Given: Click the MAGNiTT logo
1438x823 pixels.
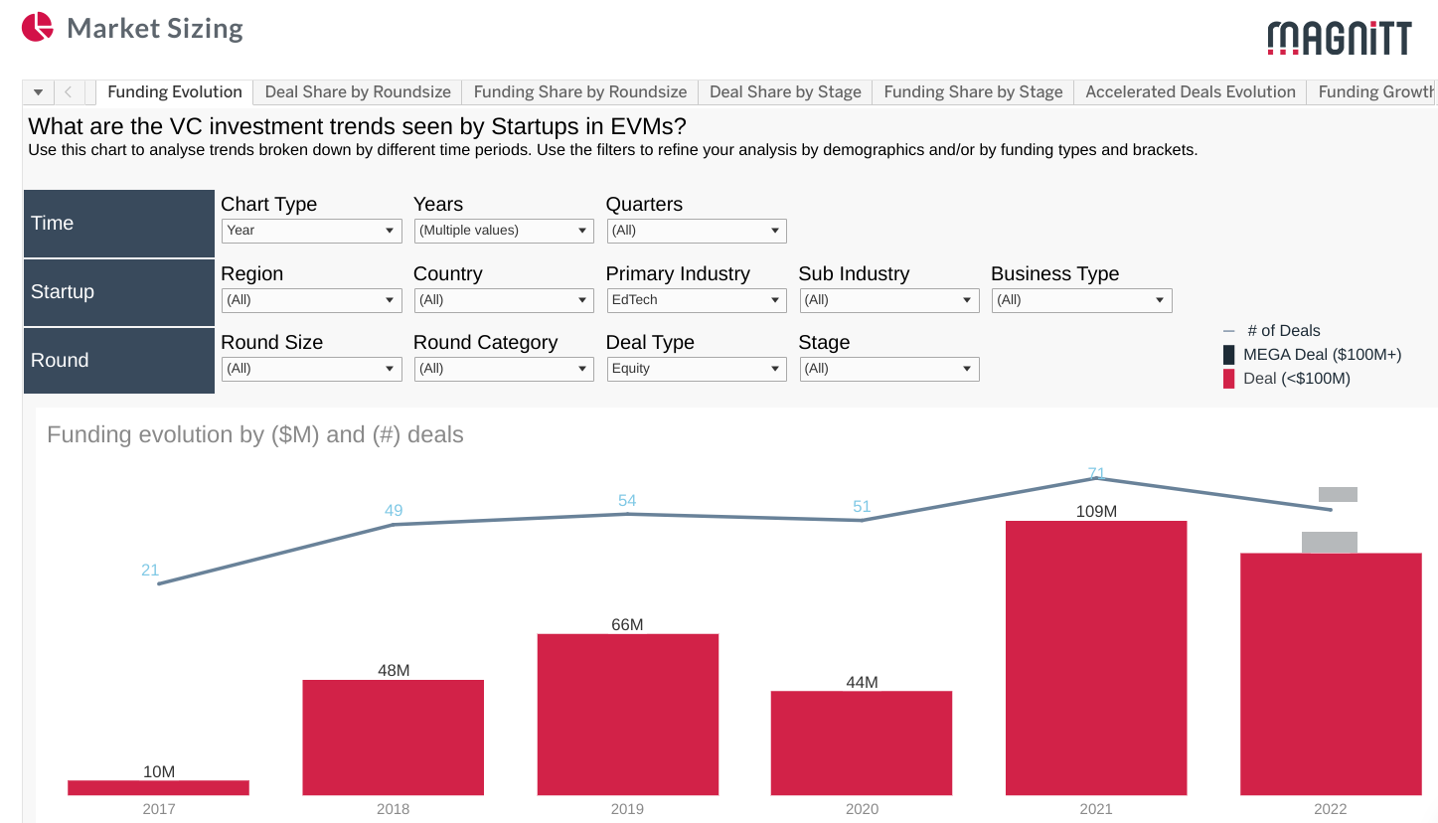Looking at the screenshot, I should point(1339,38).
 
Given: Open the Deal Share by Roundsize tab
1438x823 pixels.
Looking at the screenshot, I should point(358,91).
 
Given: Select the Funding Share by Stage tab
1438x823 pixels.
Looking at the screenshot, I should point(973,91).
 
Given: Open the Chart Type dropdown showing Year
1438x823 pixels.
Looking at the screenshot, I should point(311,231).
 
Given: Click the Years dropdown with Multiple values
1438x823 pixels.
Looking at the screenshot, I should point(504,231).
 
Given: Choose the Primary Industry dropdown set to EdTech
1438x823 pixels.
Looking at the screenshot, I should point(697,300).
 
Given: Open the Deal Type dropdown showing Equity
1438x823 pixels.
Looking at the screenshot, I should point(697,369).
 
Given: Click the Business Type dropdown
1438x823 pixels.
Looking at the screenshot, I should point(1081,300).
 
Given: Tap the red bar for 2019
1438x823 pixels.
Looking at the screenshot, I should point(627,715).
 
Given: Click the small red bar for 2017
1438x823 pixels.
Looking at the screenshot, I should point(159,787).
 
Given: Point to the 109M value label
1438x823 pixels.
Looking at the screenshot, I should point(1096,511).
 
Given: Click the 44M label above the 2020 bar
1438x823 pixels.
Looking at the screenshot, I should point(862,682).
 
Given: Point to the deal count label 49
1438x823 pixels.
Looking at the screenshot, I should point(394,511).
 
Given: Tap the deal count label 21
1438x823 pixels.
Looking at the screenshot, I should point(150,571).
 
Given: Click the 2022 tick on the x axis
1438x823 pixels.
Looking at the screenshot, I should point(1330,809).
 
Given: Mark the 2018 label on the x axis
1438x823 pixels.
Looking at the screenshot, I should point(393,809).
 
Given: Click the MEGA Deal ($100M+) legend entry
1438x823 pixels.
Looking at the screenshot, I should point(1322,355).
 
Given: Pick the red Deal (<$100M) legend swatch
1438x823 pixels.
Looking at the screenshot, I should point(1229,379).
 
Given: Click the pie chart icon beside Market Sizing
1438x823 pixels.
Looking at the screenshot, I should point(37,27).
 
